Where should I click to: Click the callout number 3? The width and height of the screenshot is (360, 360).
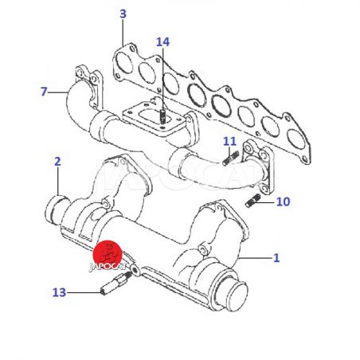click(123, 14)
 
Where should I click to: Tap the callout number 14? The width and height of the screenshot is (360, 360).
click(162, 42)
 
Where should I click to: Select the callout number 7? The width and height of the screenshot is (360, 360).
click(44, 92)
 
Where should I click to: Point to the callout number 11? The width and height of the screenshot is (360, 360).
click(229, 142)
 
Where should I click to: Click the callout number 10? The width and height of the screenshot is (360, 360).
click(284, 202)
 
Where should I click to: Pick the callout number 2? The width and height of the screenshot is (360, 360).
click(57, 162)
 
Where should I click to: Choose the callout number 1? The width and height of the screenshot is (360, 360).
click(276, 258)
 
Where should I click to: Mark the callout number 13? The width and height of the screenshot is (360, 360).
click(59, 292)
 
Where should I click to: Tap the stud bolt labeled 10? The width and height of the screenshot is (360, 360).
click(252, 201)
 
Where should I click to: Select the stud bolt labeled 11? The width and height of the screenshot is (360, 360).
click(231, 158)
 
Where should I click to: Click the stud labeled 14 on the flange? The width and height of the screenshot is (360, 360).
click(162, 117)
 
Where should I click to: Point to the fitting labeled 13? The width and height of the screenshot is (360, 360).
click(115, 283)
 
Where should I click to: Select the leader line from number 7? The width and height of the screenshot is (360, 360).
click(57, 92)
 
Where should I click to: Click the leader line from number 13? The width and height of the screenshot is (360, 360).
click(84, 292)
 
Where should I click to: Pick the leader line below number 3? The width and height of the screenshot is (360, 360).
click(123, 33)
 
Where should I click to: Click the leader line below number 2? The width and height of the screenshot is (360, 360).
click(57, 182)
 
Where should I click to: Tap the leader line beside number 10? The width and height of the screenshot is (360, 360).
click(265, 202)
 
